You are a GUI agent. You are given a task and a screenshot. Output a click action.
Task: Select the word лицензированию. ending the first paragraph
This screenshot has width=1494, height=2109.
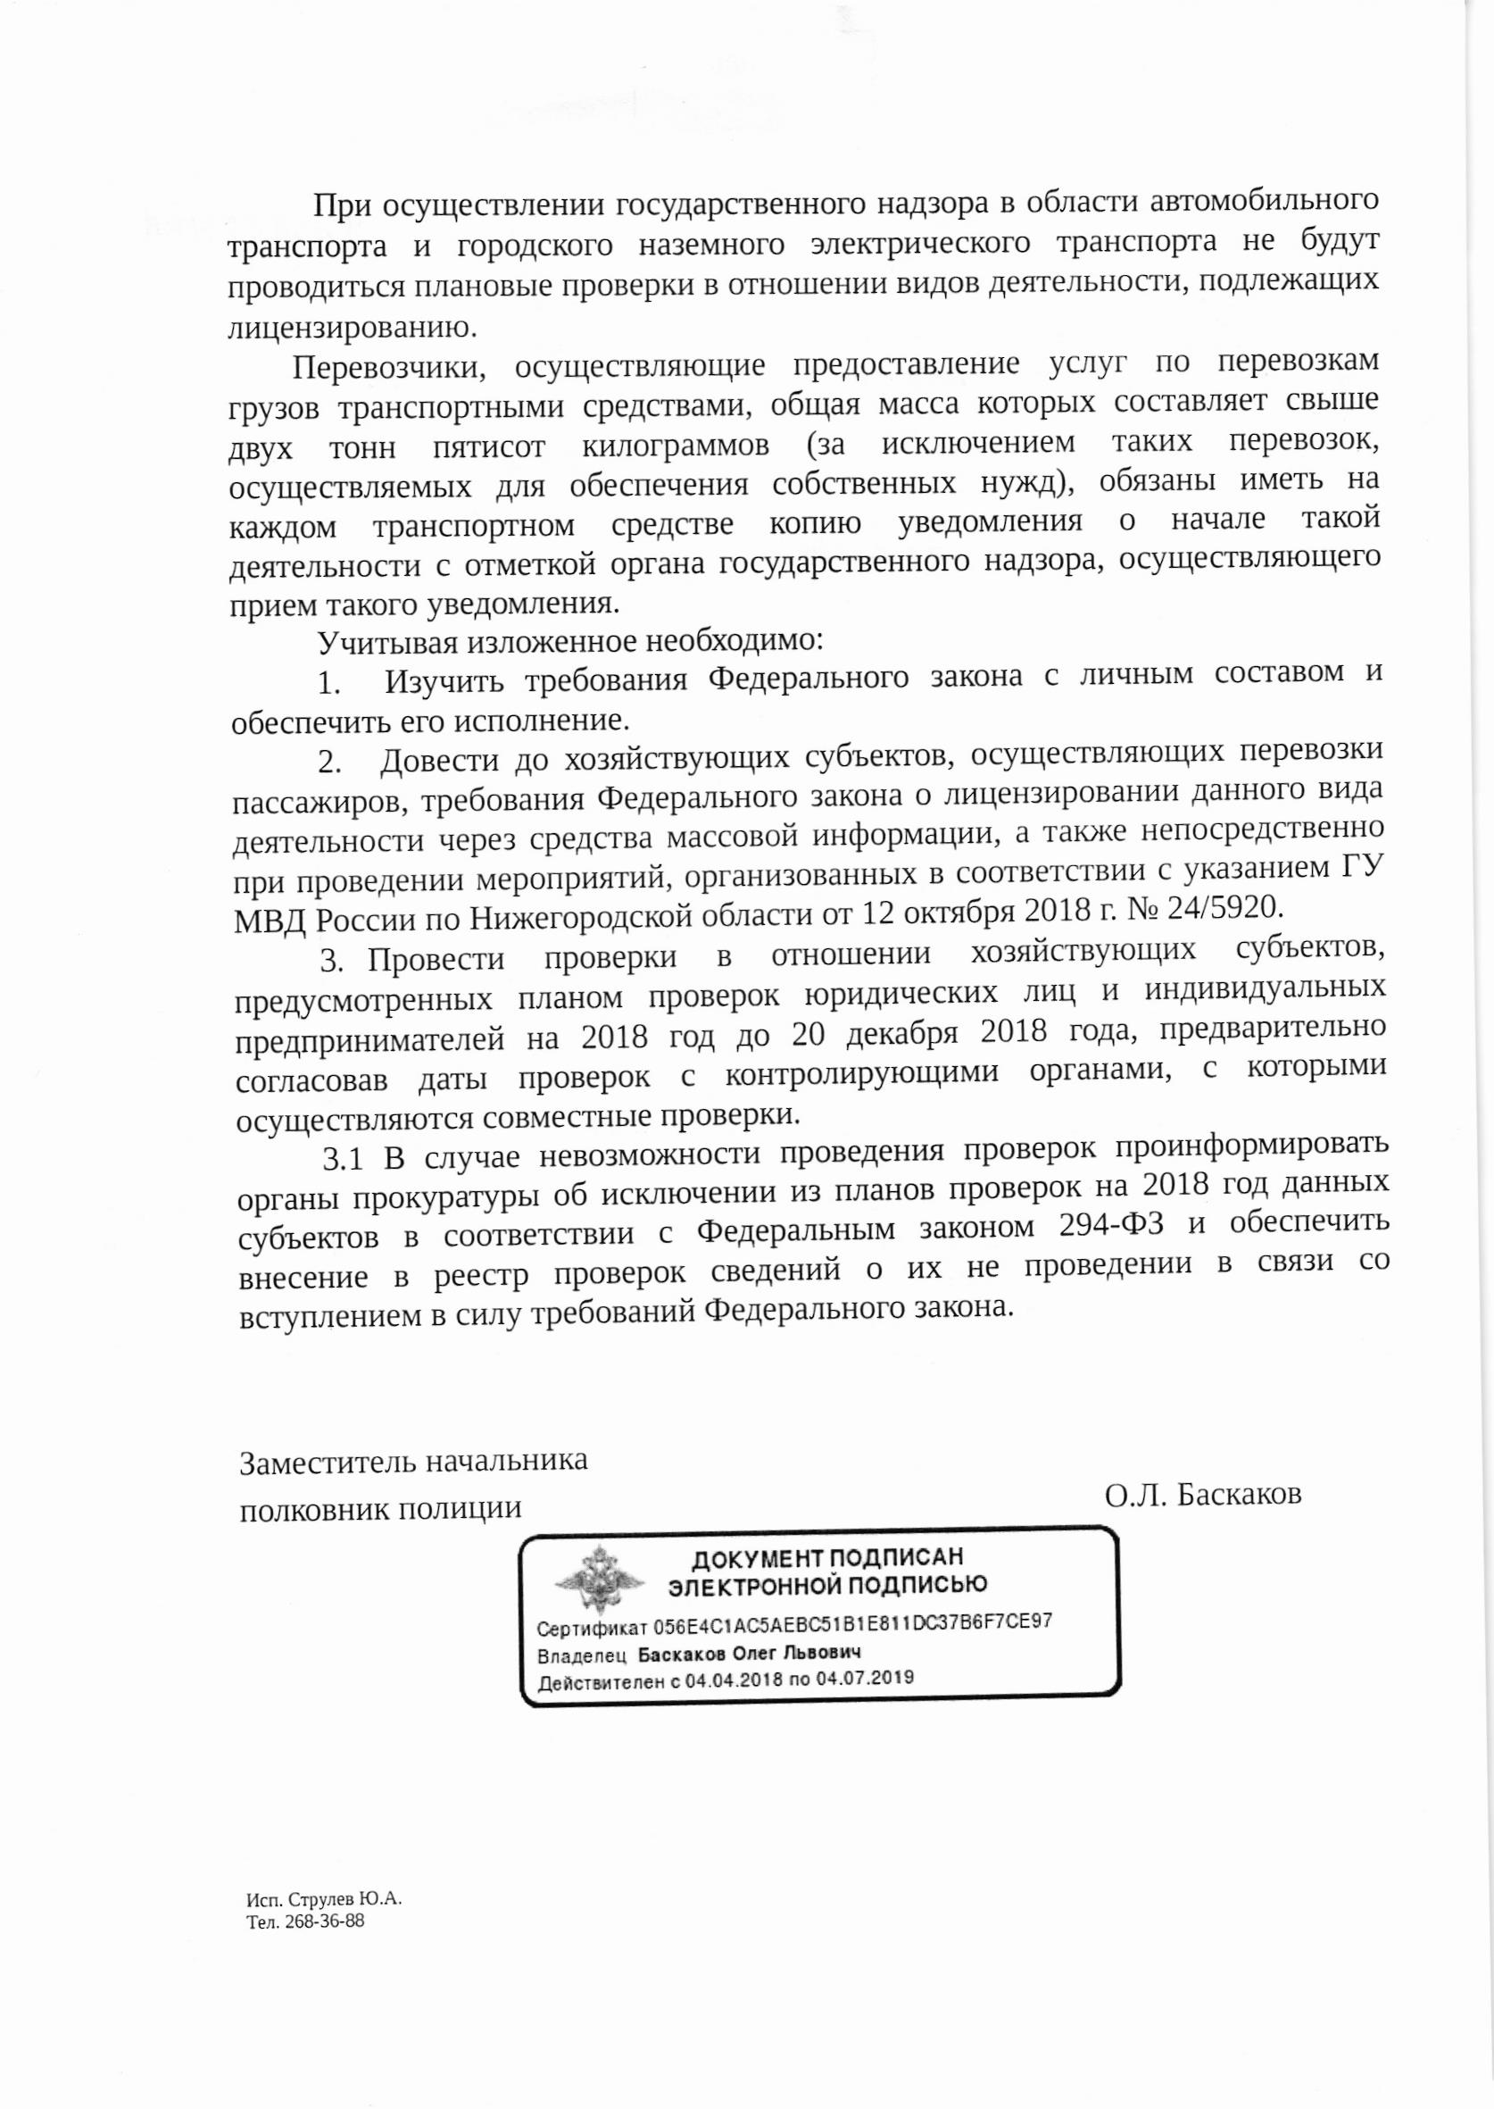[x=353, y=325]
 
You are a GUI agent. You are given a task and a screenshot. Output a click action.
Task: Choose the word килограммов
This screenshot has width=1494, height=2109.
[x=676, y=448]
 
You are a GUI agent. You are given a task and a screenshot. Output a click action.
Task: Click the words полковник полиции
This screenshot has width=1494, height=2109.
[x=380, y=1508]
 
